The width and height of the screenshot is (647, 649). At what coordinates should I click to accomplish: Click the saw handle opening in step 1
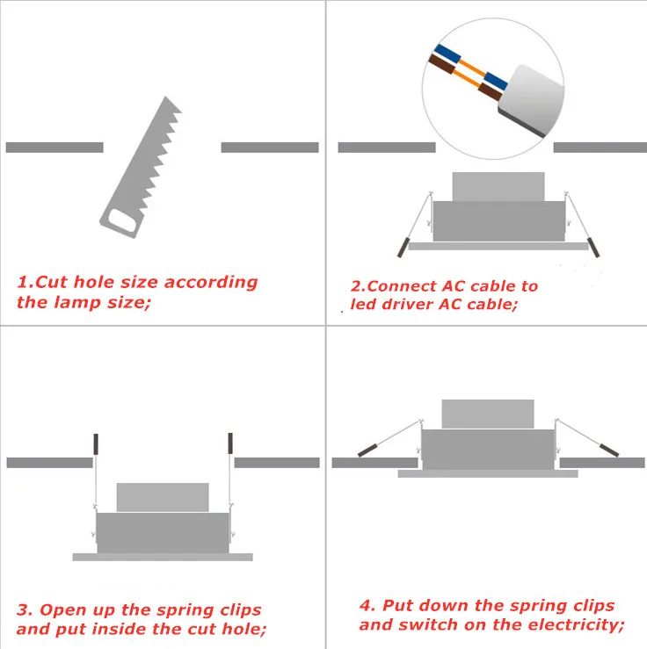pyautogui.click(x=121, y=220)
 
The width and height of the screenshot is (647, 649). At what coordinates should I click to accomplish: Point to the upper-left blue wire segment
pyautogui.click(x=447, y=54)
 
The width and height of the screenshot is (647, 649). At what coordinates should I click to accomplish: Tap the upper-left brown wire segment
pyautogui.click(x=441, y=64)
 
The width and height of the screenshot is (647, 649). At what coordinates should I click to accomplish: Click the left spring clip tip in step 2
pyautogui.click(x=403, y=247)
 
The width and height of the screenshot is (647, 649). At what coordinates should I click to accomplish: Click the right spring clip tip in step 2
pyautogui.click(x=593, y=247)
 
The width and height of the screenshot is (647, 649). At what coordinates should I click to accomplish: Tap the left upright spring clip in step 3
pyautogui.click(x=96, y=444)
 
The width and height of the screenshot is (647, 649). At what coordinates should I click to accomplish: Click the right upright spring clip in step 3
pyautogui.click(x=230, y=443)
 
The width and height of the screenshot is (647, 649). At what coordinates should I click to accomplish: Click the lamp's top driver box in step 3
pyautogui.click(x=163, y=498)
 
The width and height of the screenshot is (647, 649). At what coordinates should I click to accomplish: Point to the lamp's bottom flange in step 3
pyautogui.click(x=163, y=557)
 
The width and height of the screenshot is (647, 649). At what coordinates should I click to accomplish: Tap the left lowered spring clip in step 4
pyautogui.click(x=367, y=451)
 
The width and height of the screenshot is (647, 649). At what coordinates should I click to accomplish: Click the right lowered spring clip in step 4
pyautogui.click(x=609, y=450)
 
